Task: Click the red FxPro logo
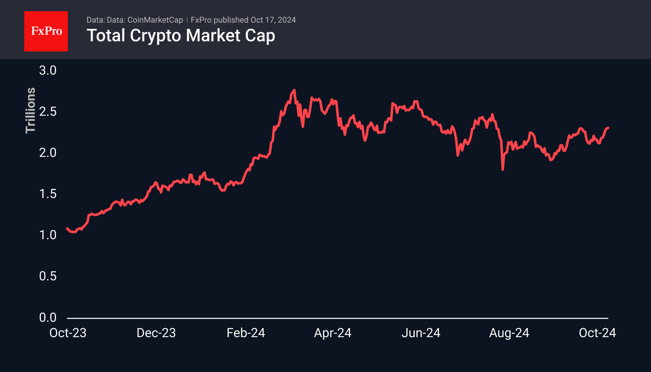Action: pyautogui.click(x=46, y=31)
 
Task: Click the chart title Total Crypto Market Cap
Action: pyautogui.click(x=181, y=35)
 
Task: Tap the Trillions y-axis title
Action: pyautogui.click(x=30, y=110)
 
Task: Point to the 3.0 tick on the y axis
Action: pyautogui.click(x=48, y=70)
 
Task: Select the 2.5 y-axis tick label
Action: pyautogui.click(x=48, y=112)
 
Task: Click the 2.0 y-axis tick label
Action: pyautogui.click(x=48, y=153)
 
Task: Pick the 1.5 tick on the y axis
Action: pyautogui.click(x=48, y=194)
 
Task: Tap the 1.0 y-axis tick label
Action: pyautogui.click(x=48, y=235)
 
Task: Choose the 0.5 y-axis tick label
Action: pyautogui.click(x=48, y=276)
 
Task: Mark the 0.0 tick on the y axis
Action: pyautogui.click(x=48, y=317)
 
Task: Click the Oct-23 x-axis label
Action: pyautogui.click(x=68, y=333)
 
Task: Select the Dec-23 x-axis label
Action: pyautogui.click(x=156, y=333)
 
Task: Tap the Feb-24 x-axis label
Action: pyautogui.click(x=246, y=333)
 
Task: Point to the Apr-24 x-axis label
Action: pyautogui.click(x=333, y=333)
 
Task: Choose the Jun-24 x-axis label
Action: pyautogui.click(x=421, y=333)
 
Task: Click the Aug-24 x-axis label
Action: pyautogui.click(x=509, y=333)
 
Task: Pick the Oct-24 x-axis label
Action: pyautogui.click(x=597, y=333)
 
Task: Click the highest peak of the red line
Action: pyautogui.click(x=294, y=90)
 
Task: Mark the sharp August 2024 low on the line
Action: pyautogui.click(x=503, y=169)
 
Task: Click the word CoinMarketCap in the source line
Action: pyautogui.click(x=155, y=20)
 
